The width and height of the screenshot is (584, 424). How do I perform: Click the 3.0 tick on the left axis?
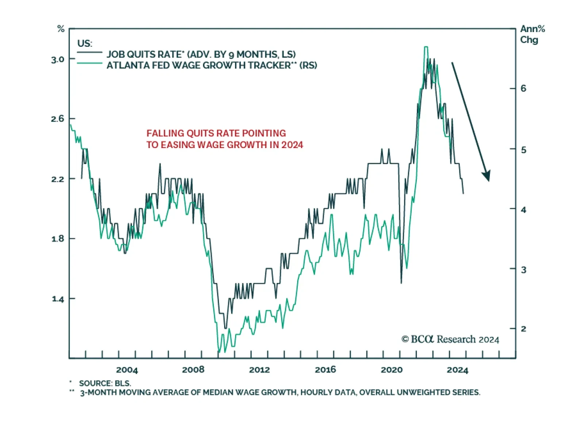pos(58,60)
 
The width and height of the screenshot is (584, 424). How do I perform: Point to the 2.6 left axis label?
pos(58,119)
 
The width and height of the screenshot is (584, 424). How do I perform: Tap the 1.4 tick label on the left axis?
pos(58,299)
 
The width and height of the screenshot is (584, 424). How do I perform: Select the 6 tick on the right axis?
pos(523,88)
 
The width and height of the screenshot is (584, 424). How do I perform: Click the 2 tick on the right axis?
pos(523,329)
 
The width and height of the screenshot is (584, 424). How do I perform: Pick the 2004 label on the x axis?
pos(127,370)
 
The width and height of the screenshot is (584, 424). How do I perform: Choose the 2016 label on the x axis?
pos(325,370)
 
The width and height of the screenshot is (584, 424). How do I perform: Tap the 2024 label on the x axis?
pos(457,370)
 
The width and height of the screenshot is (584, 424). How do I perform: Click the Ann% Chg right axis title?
pos(532,34)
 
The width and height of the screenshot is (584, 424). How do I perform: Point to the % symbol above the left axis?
pos(61,29)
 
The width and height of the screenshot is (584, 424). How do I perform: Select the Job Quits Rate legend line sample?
pos(89,53)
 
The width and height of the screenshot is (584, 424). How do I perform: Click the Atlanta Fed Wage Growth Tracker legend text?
pos(212,65)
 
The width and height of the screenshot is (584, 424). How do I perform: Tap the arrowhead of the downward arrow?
pos(487,176)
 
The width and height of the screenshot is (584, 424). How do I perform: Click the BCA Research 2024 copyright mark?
pos(450,339)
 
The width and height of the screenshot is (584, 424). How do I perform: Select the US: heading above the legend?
pos(85,43)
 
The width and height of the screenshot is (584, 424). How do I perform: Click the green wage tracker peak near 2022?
pos(426,47)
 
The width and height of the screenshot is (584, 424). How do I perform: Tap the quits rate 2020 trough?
pos(401,282)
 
